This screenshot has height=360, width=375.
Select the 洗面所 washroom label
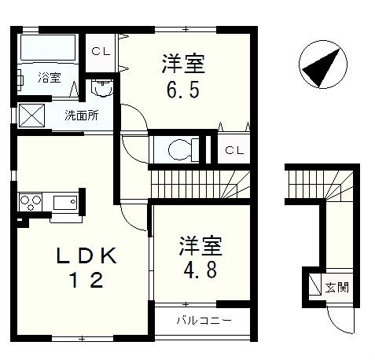coord(82,116)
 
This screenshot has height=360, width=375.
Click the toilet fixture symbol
coord(178,149)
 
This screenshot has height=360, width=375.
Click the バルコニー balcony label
coord(203,320)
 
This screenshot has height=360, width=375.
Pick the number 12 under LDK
coord(86,280)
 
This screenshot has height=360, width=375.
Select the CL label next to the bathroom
coord(100,51)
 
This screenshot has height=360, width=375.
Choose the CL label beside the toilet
coord(233,149)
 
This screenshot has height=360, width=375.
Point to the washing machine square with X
coord(32,115)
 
